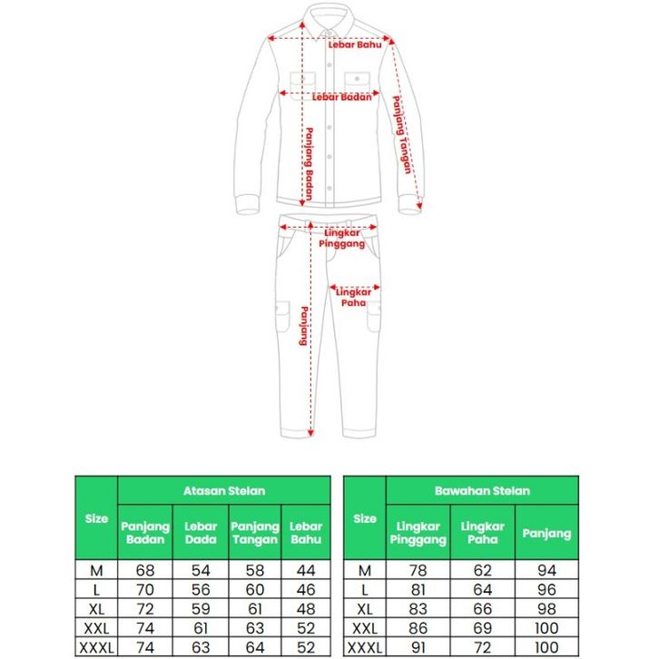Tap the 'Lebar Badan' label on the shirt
tap(342, 96)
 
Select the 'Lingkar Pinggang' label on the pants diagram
tap(344, 238)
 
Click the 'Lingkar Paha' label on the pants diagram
tap(353, 297)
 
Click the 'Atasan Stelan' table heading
tap(224, 490)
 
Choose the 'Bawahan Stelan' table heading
tap(495, 490)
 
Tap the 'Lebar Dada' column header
tap(200, 533)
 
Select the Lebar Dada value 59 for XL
tap(200, 608)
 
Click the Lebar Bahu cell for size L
tap(306, 589)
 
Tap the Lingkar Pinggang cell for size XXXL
tap(418, 646)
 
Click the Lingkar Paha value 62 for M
tap(482, 570)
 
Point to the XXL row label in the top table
tap(96, 627)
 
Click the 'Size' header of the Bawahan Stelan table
tap(365, 519)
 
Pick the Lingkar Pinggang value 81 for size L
tap(418, 589)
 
